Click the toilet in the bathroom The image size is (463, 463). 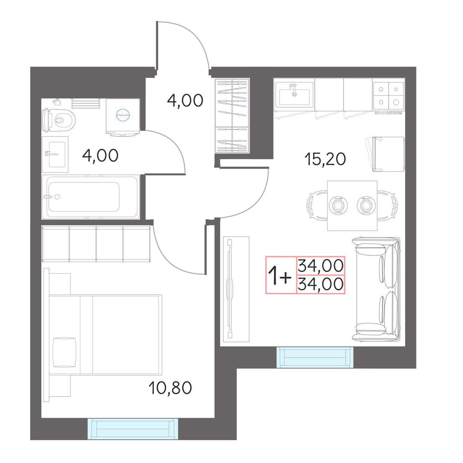point(59,120)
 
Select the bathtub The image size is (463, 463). point(90,197)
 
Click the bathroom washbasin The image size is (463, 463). point(55,154)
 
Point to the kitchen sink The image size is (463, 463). point(294,94)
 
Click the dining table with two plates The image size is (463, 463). point(352,206)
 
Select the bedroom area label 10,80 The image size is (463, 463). point(170,388)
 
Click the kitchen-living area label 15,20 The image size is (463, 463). point(325,159)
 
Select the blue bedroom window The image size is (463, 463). point(133,429)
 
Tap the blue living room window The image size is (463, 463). point(315,357)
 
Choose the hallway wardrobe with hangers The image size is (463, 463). point(232,115)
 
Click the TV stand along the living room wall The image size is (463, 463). point(236,289)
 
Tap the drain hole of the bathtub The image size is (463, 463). point(57,197)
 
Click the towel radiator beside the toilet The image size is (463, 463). point(86,103)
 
